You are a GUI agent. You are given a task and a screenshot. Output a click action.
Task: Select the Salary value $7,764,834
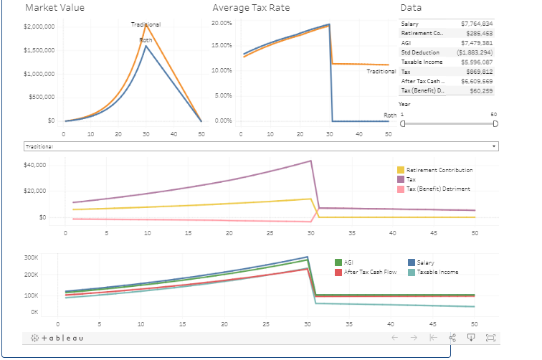477,24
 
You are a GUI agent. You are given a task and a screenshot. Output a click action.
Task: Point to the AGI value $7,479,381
477,43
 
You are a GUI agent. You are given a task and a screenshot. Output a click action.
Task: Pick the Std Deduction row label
420,52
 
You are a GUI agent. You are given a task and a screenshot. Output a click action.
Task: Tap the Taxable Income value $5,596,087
477,62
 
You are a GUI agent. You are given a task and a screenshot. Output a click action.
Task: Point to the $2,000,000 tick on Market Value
39,27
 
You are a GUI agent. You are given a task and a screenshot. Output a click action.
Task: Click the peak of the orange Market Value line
146,26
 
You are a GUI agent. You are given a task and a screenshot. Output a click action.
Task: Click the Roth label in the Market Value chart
146,40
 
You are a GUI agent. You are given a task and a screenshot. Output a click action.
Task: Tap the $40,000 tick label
36,165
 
